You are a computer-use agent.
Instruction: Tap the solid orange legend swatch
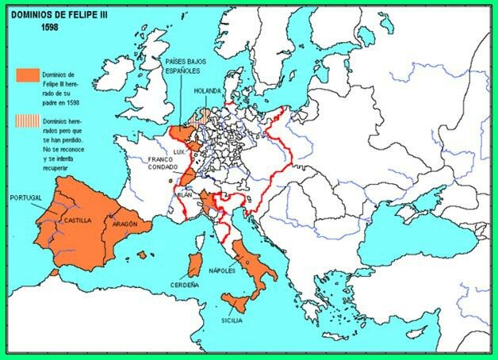(x=27, y=74)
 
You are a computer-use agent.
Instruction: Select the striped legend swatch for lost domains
(x=27, y=121)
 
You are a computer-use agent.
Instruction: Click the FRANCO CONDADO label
(x=165, y=164)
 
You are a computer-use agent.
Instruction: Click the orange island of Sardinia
(x=193, y=266)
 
